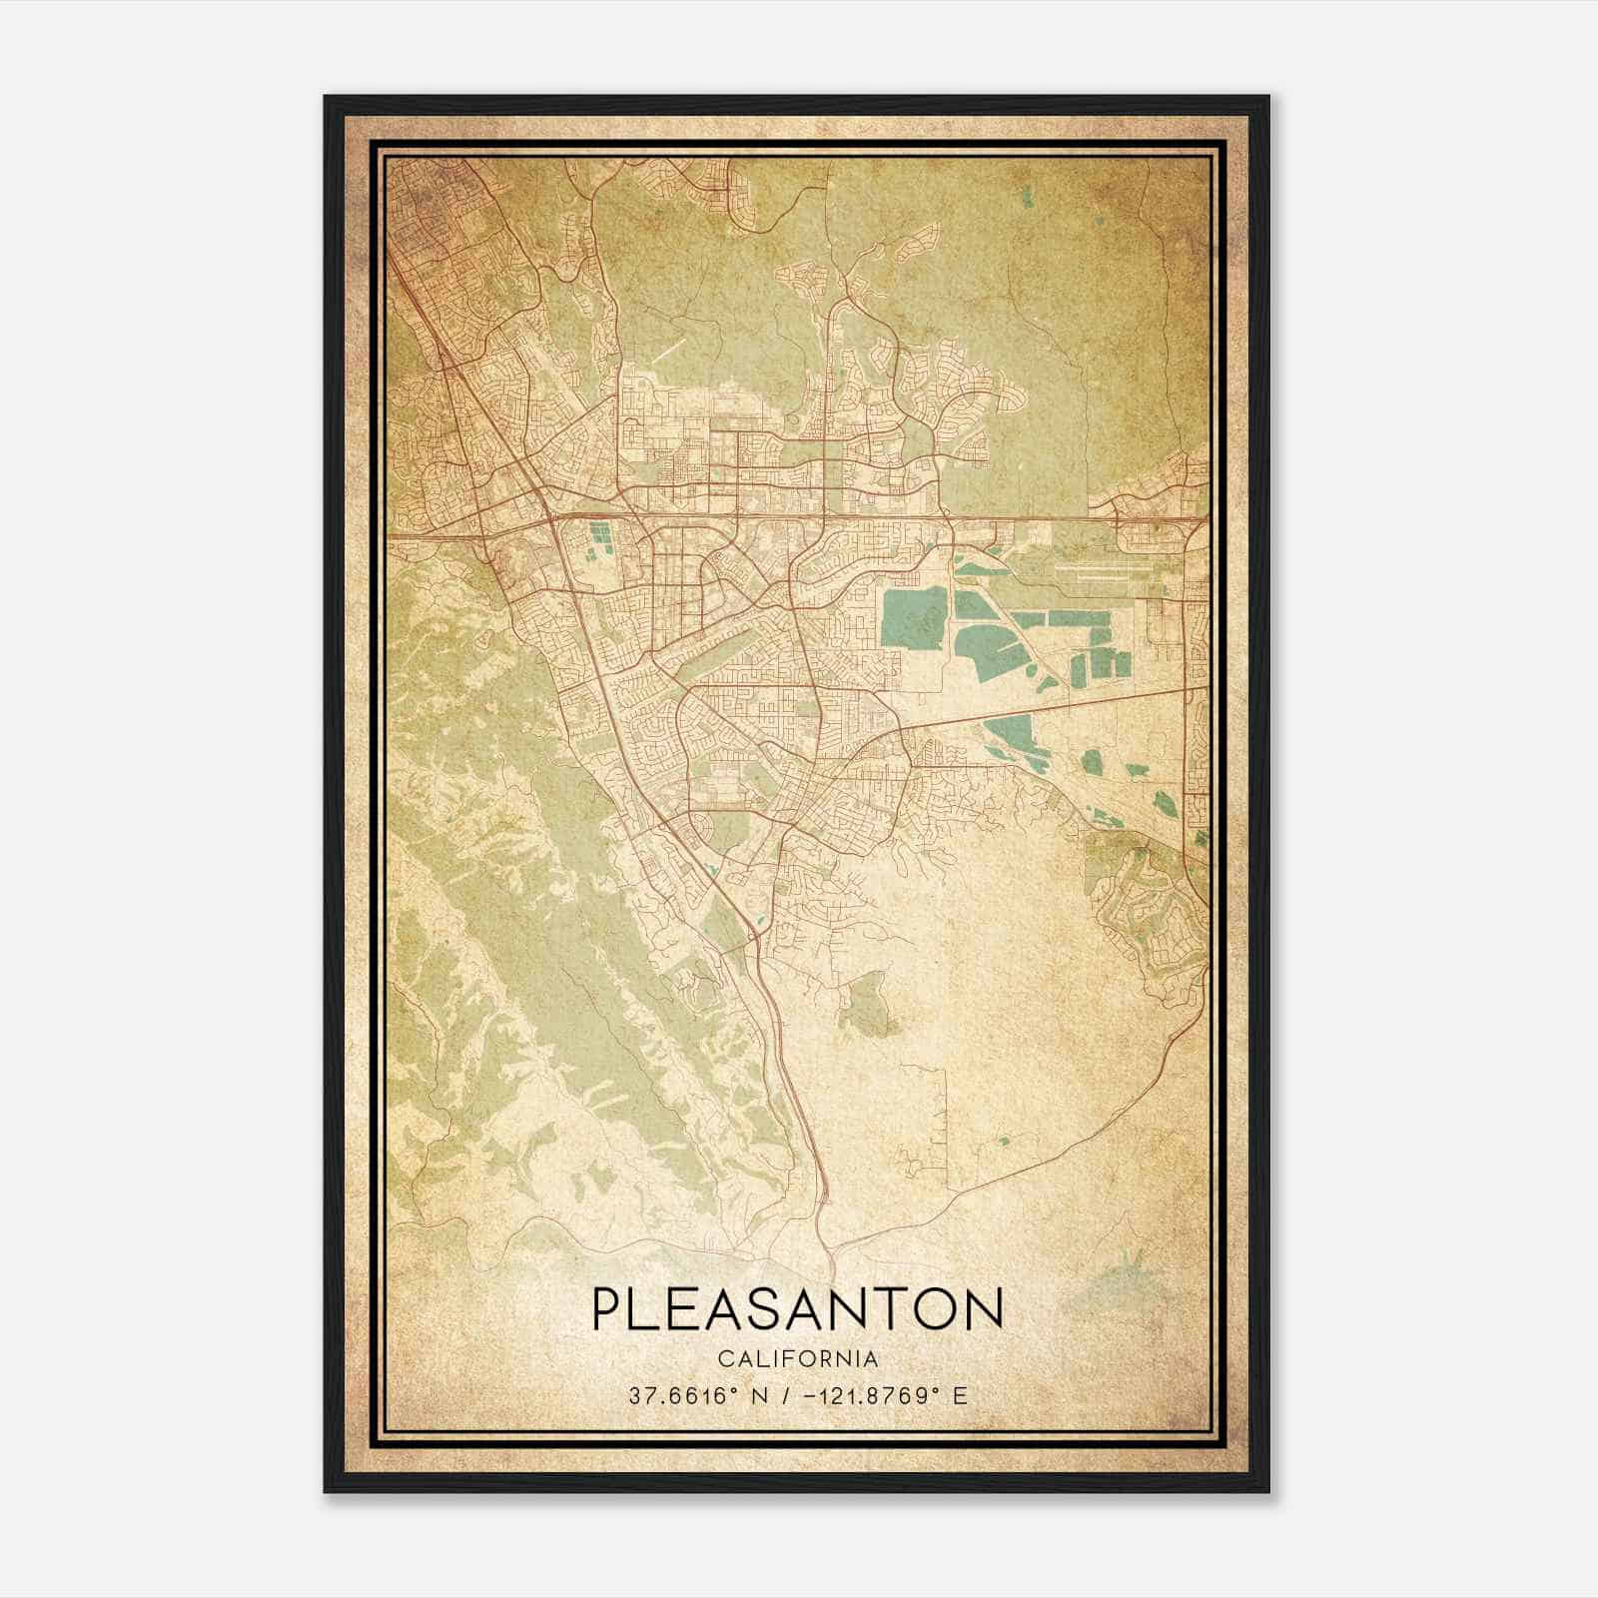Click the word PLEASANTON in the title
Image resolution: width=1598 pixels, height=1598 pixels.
797,1308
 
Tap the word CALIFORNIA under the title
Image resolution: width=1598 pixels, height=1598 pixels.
797,1359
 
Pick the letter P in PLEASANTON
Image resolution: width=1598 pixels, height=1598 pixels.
606,1308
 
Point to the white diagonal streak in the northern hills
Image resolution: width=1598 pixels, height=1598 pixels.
670,350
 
